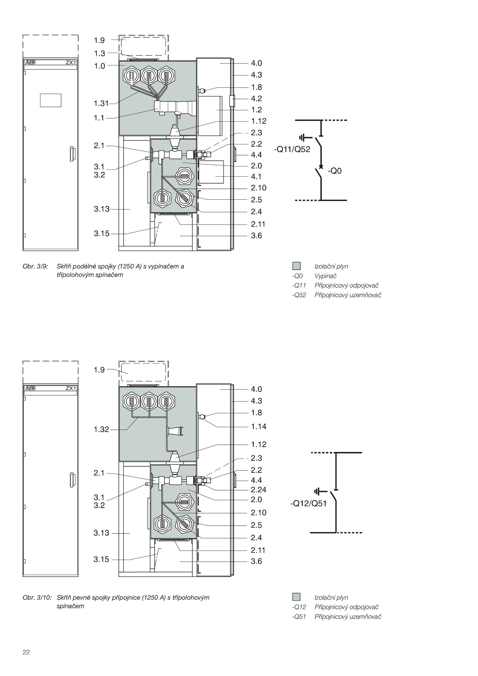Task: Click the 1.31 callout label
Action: point(101,104)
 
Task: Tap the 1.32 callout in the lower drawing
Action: point(101,429)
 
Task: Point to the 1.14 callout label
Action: point(258,426)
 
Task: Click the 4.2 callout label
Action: point(256,99)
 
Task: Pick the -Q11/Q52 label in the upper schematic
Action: point(292,149)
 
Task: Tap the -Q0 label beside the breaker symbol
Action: point(334,171)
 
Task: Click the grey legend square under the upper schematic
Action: point(296,266)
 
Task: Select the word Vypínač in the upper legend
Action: point(325,276)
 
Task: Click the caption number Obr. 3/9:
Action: point(35,266)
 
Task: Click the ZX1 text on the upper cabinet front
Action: point(71,63)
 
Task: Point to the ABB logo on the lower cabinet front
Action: point(30,388)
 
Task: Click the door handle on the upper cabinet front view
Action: point(72,154)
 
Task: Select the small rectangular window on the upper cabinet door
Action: point(50,100)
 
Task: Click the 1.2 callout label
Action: point(256,110)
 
